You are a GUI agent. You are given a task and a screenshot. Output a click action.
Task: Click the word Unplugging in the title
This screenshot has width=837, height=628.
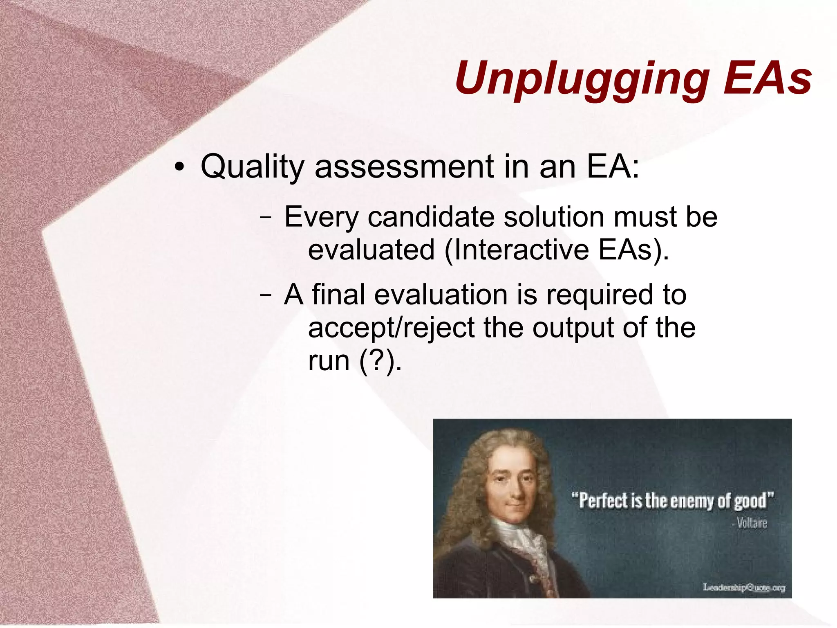pos(582,79)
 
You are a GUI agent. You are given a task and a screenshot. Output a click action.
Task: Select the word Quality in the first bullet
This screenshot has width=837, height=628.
pos(252,167)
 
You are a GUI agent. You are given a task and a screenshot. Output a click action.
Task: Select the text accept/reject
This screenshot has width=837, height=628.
pos(392,328)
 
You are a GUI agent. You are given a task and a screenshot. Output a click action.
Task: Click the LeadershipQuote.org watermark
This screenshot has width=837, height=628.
pos(744,587)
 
